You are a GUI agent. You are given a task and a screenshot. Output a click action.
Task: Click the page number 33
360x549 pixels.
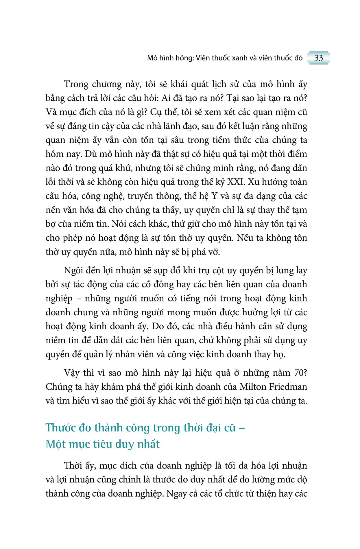(x=318, y=58)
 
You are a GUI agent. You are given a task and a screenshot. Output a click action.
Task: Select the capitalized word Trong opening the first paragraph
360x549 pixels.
(x=76, y=84)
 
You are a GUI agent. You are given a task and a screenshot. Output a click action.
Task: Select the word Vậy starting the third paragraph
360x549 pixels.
(x=72, y=373)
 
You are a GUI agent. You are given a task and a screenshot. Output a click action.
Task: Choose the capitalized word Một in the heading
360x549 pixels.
(x=56, y=444)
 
